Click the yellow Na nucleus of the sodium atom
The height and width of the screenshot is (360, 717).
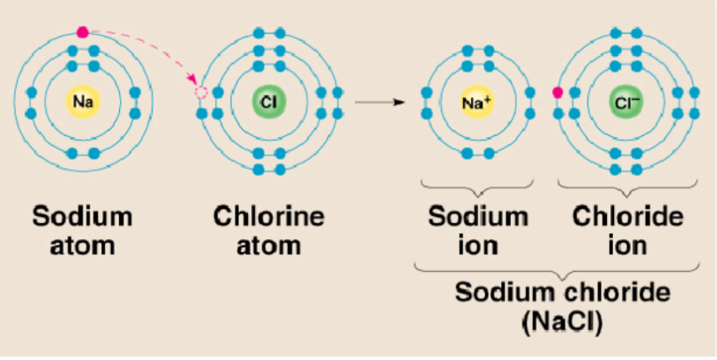(83, 103)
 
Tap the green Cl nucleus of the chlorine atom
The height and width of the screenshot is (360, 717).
(267, 102)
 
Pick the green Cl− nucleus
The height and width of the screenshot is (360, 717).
(625, 102)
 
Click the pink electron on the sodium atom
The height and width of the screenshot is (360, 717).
(83, 32)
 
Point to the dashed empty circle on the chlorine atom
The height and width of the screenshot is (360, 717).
(201, 92)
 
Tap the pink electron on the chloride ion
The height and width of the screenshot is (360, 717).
(558, 92)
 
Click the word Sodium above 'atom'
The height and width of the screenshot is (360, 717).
(83, 217)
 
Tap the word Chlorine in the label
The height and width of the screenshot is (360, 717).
(268, 217)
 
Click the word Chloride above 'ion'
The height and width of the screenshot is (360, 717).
(627, 217)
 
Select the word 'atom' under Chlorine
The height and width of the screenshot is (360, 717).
(268, 244)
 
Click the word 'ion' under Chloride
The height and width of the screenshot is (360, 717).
(627, 244)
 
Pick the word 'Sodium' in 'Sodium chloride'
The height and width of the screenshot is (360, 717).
(494, 292)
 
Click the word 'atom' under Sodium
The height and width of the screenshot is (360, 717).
(83, 244)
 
